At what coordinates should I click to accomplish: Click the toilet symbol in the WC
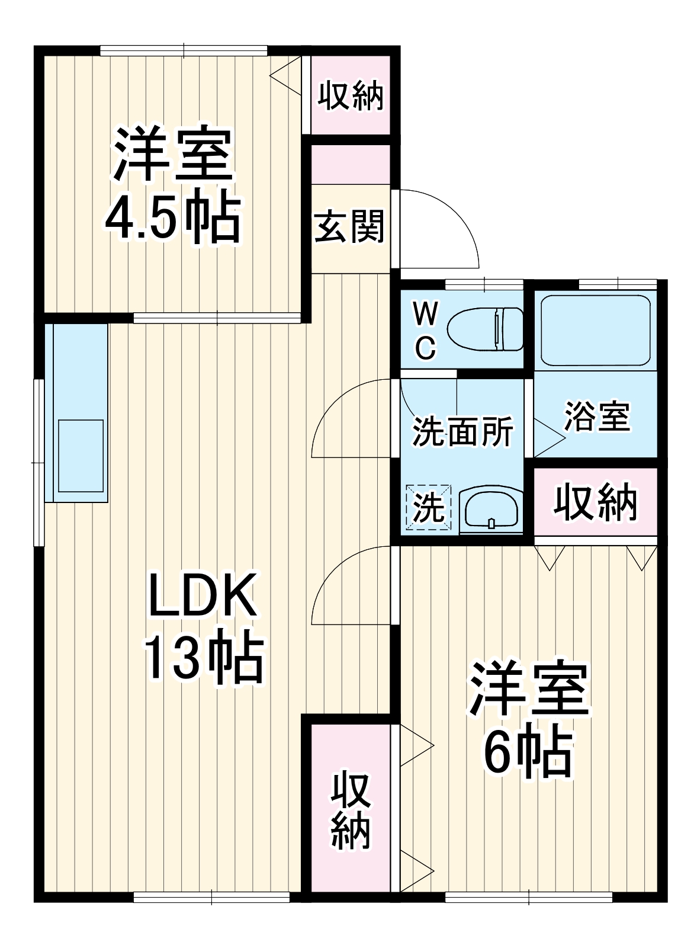[x=484, y=329]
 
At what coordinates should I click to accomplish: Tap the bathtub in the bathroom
[x=596, y=330]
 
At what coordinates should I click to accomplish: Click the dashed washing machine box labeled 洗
[x=428, y=507]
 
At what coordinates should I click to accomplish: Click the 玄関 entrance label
[x=350, y=227]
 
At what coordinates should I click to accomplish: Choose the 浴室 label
[x=596, y=416]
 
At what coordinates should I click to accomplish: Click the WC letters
[x=425, y=331]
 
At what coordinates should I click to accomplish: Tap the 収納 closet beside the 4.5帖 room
[x=351, y=95]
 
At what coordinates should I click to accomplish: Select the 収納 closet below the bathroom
[x=596, y=502]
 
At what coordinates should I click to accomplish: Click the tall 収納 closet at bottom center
[x=351, y=811]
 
